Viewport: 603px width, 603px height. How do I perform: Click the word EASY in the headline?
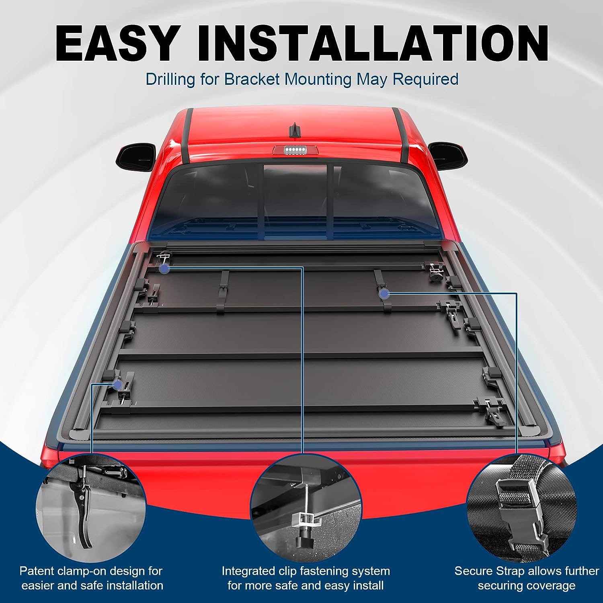[x=116, y=43]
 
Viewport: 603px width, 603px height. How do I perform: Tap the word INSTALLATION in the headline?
[x=373, y=43]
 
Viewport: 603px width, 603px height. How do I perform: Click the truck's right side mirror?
[x=448, y=155]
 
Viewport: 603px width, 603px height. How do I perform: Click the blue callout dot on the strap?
[x=385, y=294]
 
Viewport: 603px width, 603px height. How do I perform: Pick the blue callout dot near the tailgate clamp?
[x=118, y=385]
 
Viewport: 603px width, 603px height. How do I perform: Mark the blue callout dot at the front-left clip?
[x=164, y=269]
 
